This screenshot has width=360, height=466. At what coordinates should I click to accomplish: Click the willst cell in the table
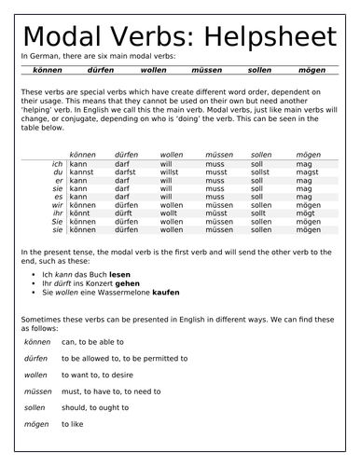tap(171, 172)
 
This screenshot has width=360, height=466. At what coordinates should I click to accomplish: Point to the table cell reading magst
tap(307, 172)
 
